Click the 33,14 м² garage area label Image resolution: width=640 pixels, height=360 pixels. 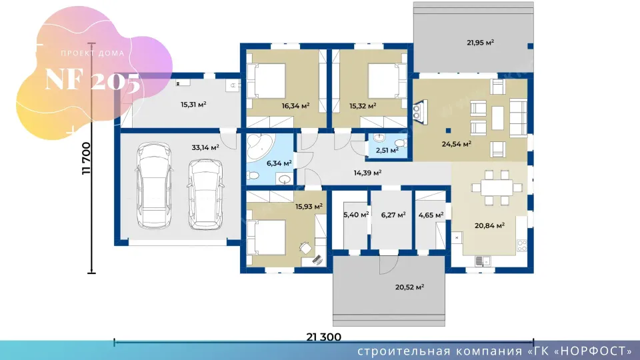pyautogui.click(x=205, y=147)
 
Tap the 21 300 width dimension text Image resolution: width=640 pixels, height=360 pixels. pyautogui.click(x=324, y=337)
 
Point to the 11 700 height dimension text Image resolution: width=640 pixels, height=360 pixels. pyautogui.click(x=87, y=159)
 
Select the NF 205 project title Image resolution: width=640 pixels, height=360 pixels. pyautogui.click(x=93, y=79)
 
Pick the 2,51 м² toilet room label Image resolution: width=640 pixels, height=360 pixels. pyautogui.click(x=387, y=150)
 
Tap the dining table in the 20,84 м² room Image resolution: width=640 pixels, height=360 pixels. pyautogui.click(x=497, y=188)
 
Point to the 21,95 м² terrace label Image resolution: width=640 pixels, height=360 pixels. pyautogui.click(x=481, y=43)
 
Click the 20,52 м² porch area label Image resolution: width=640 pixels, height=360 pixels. pyautogui.click(x=409, y=287)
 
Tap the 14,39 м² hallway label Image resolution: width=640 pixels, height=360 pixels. pyautogui.click(x=367, y=173)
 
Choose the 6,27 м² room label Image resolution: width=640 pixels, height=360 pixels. pyautogui.click(x=393, y=215)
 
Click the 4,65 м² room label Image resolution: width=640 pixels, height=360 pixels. pyautogui.click(x=431, y=215)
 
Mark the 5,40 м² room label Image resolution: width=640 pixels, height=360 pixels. pyautogui.click(x=356, y=215)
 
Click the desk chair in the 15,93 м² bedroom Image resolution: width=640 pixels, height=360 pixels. pyautogui.click(x=305, y=247)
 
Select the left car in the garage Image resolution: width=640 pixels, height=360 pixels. pyautogui.click(x=153, y=185)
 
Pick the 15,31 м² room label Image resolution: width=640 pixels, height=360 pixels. pyautogui.click(x=193, y=105)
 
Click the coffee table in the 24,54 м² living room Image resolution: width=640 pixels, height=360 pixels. pyautogui.click(x=497, y=118)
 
